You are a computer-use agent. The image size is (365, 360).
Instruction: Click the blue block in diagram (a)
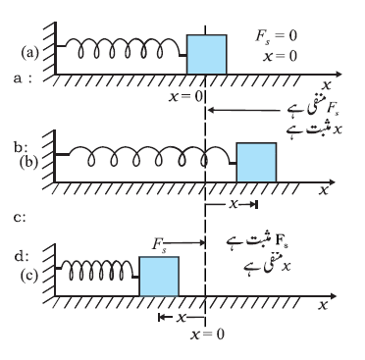click(207, 54)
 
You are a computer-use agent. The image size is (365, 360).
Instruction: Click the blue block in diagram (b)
click(257, 162)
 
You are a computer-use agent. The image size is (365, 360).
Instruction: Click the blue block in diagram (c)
click(159, 277)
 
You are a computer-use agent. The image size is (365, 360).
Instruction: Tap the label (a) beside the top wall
click(29, 53)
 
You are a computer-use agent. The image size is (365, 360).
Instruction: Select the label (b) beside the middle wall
click(29, 163)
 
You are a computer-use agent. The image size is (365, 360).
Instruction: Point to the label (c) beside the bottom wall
click(29, 276)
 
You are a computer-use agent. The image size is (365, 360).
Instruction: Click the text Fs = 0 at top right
click(276, 35)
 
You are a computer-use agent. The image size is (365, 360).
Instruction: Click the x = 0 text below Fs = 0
click(281, 56)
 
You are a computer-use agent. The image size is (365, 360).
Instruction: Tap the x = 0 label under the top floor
click(185, 96)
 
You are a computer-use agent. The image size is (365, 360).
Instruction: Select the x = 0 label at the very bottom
click(207, 334)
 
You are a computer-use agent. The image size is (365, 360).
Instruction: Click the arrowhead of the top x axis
click(339, 75)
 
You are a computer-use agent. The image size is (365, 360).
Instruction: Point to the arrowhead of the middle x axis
click(333, 181)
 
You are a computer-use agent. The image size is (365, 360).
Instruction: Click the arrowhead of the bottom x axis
click(333, 296)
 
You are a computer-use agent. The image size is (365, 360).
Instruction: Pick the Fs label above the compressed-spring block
click(159, 244)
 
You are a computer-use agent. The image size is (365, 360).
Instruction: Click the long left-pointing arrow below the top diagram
click(244, 110)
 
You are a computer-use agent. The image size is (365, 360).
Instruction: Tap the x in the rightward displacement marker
click(234, 204)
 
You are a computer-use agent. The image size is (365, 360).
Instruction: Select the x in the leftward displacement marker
click(181, 317)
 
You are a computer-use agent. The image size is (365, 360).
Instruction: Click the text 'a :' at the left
click(23, 78)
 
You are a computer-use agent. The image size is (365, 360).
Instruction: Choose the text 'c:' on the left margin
click(20, 218)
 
